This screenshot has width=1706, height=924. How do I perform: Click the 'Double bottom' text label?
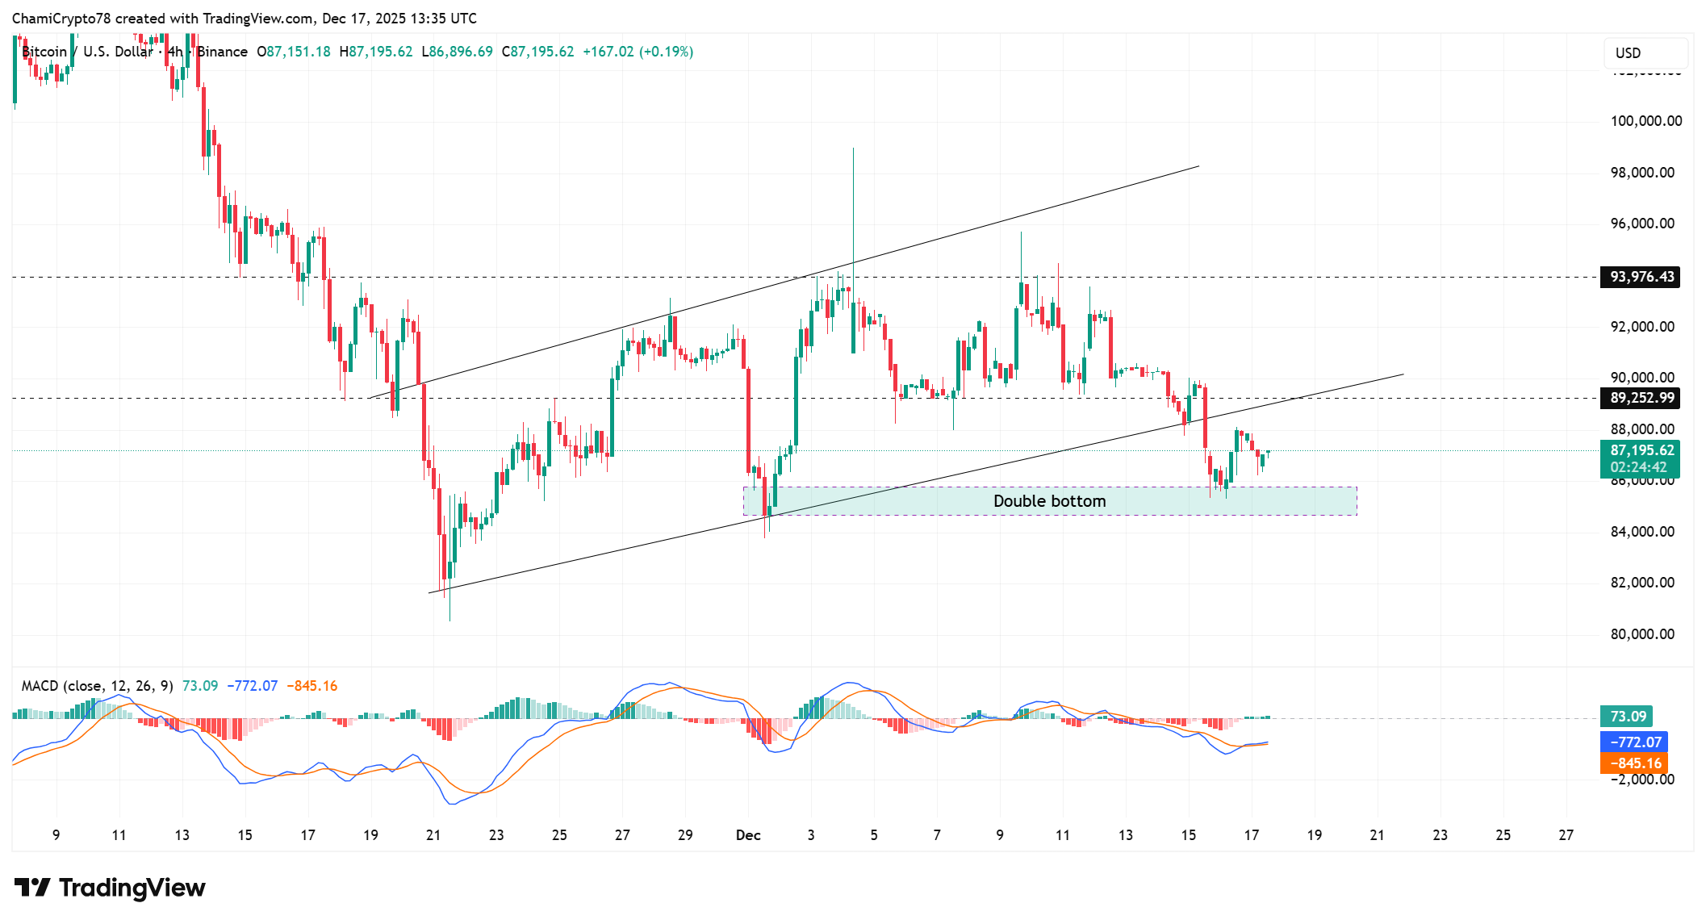[x=1049, y=501]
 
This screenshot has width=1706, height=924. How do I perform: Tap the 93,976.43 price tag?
[x=1641, y=277]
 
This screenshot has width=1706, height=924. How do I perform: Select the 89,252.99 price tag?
[x=1641, y=398]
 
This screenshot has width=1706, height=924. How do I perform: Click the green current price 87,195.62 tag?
[x=1641, y=451]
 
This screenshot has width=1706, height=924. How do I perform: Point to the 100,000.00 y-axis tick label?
[x=1645, y=121]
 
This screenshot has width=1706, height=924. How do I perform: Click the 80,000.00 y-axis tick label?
[x=1642, y=634]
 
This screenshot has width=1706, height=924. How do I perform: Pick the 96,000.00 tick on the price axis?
[x=1642, y=224]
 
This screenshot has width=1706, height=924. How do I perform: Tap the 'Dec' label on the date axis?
[x=748, y=835]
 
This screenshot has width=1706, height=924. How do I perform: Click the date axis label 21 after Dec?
[x=1377, y=835]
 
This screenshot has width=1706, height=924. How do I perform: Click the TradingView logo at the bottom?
[x=110, y=888]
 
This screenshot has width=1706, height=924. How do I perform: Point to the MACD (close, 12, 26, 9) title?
[x=97, y=686]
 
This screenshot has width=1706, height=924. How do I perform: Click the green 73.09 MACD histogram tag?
[x=1628, y=717]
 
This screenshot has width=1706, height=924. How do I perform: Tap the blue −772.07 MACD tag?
[x=1635, y=742]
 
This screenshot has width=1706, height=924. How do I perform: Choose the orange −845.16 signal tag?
[x=1635, y=763]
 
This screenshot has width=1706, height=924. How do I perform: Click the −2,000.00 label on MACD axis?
[x=1642, y=780]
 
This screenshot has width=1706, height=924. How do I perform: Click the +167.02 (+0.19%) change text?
[x=638, y=52]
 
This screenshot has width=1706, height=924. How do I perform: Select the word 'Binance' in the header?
[x=223, y=52]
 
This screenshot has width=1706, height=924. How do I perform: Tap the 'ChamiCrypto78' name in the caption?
[x=61, y=19]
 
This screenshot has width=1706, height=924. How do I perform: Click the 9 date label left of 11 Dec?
[x=999, y=835]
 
